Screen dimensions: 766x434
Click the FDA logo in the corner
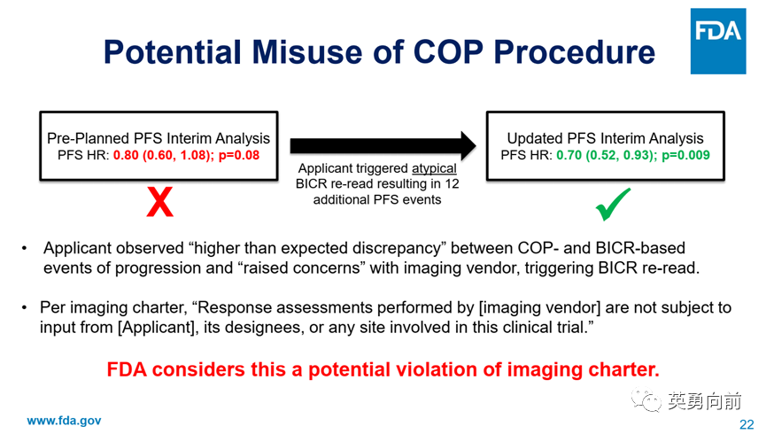pyautogui.click(x=717, y=41)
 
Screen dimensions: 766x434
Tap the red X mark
pyautogui.click(x=159, y=202)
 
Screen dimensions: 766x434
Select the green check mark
pyautogui.click(x=613, y=205)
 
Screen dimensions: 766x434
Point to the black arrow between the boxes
pyautogui.click(x=383, y=145)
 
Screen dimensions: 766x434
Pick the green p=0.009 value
pyautogui.click(x=685, y=155)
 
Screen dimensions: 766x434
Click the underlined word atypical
pyautogui.click(x=434, y=168)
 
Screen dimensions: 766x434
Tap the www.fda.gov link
pyautogui.click(x=64, y=421)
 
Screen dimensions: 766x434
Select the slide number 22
pyautogui.click(x=747, y=424)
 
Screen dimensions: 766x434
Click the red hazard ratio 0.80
pyautogui.click(x=126, y=155)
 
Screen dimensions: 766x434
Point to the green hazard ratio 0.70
pyautogui.click(x=569, y=155)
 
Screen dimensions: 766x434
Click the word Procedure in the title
pyautogui.click(x=575, y=51)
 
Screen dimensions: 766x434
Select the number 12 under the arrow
pyautogui.click(x=452, y=184)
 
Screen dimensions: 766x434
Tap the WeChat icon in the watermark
pyautogui.click(x=646, y=399)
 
